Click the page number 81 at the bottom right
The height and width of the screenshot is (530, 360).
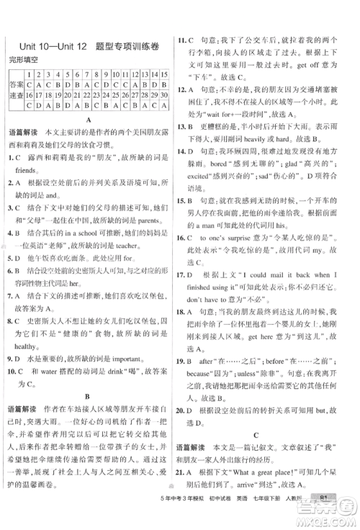326,516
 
